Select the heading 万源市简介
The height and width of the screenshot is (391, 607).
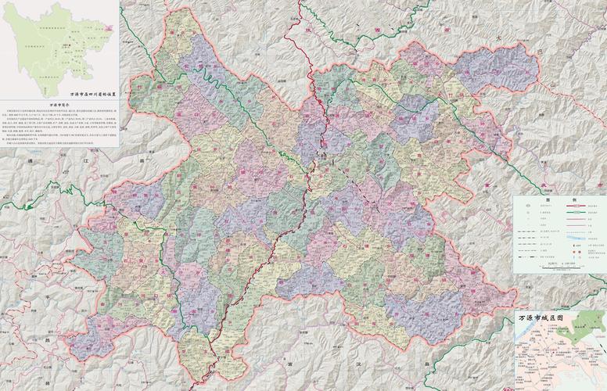[59, 104]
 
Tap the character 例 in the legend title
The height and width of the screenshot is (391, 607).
[573, 200]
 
